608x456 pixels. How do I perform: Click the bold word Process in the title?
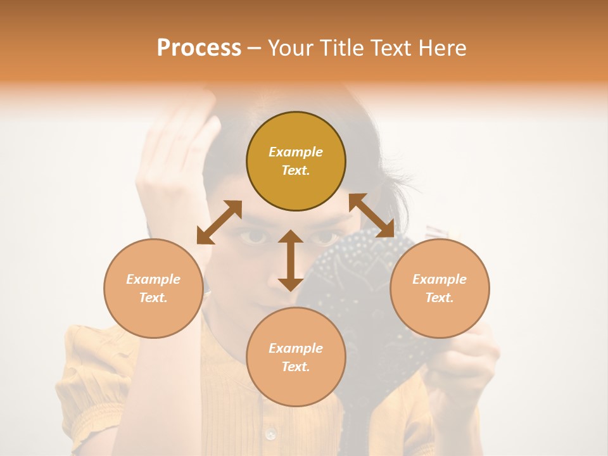199,47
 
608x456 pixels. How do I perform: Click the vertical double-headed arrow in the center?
291,260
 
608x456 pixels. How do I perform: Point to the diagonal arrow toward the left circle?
219,222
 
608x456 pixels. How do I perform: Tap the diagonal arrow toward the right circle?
372,215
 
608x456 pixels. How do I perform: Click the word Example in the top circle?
296,152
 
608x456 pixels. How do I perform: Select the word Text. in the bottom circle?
296,367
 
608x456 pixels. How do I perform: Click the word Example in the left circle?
153,279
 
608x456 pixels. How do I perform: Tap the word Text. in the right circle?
440,298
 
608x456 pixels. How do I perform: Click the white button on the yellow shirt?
271,434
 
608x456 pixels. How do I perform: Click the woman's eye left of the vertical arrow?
252,237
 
